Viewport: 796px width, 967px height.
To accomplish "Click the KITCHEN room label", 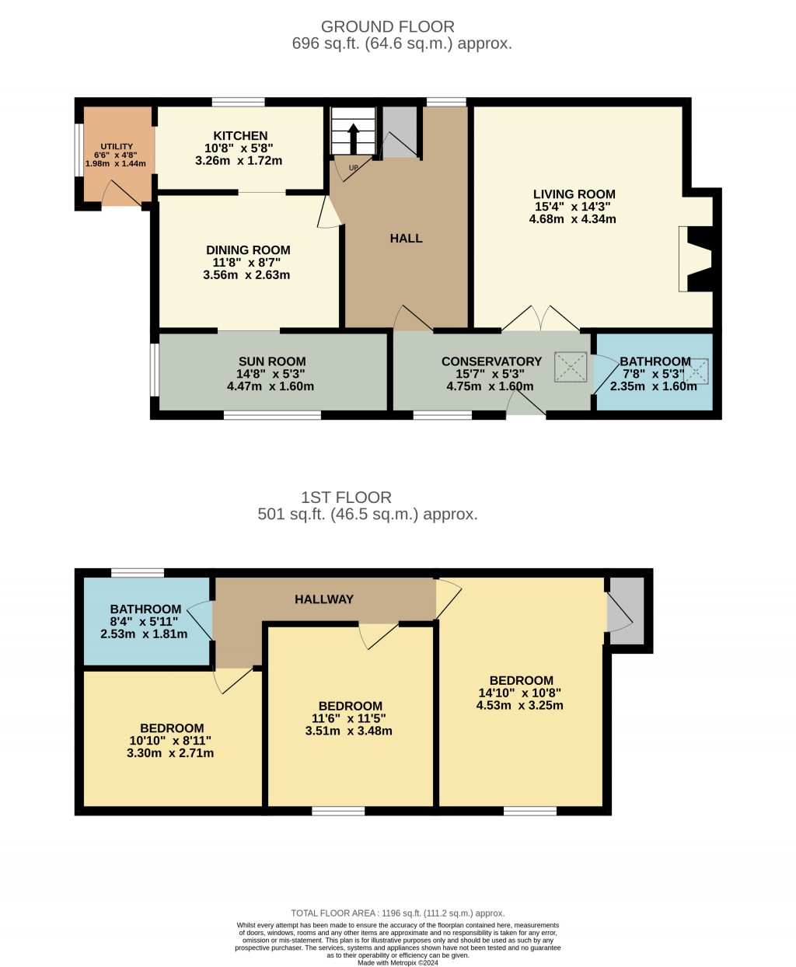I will (240, 136).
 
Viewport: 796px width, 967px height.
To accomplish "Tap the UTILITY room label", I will (117, 147).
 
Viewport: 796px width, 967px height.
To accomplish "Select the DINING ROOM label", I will (248, 250).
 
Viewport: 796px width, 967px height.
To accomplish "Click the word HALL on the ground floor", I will (406, 239).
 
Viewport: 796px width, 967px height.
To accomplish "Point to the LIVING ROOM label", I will (574, 194).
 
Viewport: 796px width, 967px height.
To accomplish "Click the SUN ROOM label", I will (271, 361).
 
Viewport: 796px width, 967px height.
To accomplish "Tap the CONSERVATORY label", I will (491, 361).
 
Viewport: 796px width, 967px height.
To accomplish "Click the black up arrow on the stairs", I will (354, 138).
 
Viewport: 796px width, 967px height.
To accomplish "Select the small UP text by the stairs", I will (353, 168).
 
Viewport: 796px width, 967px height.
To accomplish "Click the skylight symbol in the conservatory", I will (571, 367).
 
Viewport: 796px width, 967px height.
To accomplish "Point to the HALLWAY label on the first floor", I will (324, 599).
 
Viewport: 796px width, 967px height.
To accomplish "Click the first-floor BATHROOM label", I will (145, 609).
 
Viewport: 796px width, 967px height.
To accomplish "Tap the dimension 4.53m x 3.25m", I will (519, 706).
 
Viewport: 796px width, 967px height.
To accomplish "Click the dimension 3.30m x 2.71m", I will (170, 753).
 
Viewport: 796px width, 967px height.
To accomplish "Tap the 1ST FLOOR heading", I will (347, 497).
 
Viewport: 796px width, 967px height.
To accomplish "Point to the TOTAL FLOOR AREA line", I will (397, 913).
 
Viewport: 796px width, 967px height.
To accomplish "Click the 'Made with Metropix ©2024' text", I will (397, 962).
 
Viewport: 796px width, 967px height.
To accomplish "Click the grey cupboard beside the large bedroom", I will (627, 610).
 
